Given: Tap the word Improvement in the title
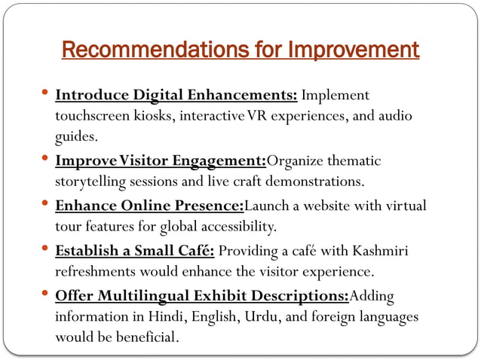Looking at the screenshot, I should pos(354,50).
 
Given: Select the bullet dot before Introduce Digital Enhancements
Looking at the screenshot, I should pos(47,94).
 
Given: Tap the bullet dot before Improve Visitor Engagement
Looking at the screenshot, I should pos(47,159).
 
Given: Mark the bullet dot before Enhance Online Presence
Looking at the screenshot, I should pos(47,203).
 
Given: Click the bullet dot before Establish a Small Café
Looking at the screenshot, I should pos(47,248).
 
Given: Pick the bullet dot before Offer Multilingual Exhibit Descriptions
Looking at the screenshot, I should pos(47,292).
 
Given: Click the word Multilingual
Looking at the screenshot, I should pos(136,294).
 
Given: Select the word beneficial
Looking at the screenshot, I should pos(143,337).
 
